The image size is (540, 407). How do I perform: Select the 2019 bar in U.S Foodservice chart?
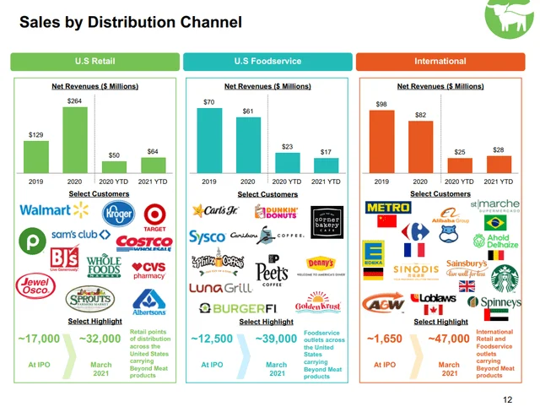[209, 140]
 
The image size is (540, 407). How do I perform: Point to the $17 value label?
[326, 152]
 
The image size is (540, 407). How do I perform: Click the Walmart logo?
[48, 210]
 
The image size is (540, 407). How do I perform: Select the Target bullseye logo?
[154, 215]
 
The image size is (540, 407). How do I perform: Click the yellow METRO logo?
[387, 207]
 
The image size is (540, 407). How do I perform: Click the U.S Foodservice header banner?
[267, 61]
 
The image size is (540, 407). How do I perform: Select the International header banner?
[440, 61]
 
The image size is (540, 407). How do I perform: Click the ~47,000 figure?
[450, 339]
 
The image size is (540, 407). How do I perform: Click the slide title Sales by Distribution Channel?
[130, 21]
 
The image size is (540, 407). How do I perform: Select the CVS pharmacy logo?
[149, 270]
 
